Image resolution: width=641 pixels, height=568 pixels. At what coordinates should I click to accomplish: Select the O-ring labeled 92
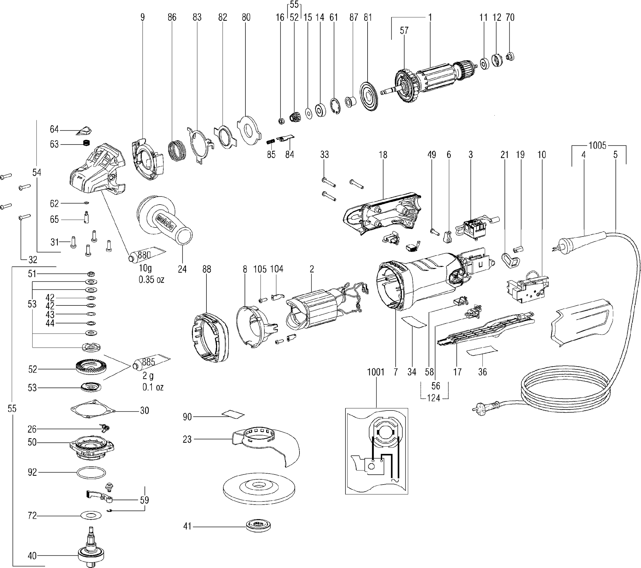click(91, 473)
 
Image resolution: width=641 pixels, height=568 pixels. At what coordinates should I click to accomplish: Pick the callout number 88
click(207, 269)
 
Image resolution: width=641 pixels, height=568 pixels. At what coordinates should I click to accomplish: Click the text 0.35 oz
click(151, 279)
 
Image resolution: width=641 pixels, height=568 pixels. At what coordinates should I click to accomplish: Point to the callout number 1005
click(597, 145)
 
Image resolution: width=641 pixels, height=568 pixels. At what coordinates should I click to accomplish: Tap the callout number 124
click(434, 398)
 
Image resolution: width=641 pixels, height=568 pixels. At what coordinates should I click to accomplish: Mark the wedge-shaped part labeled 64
click(84, 130)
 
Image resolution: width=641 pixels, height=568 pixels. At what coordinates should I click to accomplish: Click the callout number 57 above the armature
click(404, 31)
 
